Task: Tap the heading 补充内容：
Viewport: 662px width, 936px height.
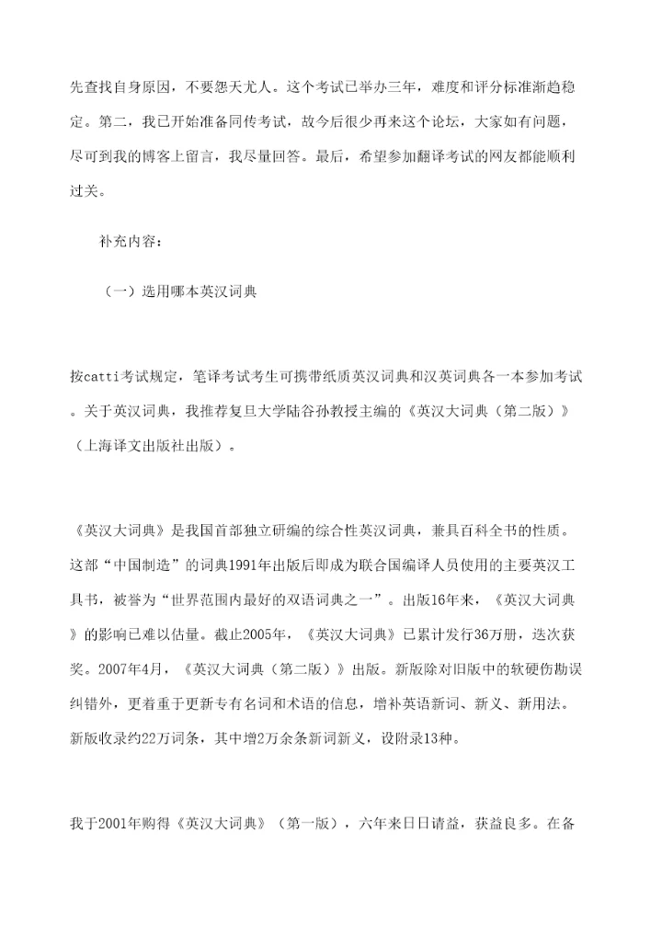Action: (x=131, y=243)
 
